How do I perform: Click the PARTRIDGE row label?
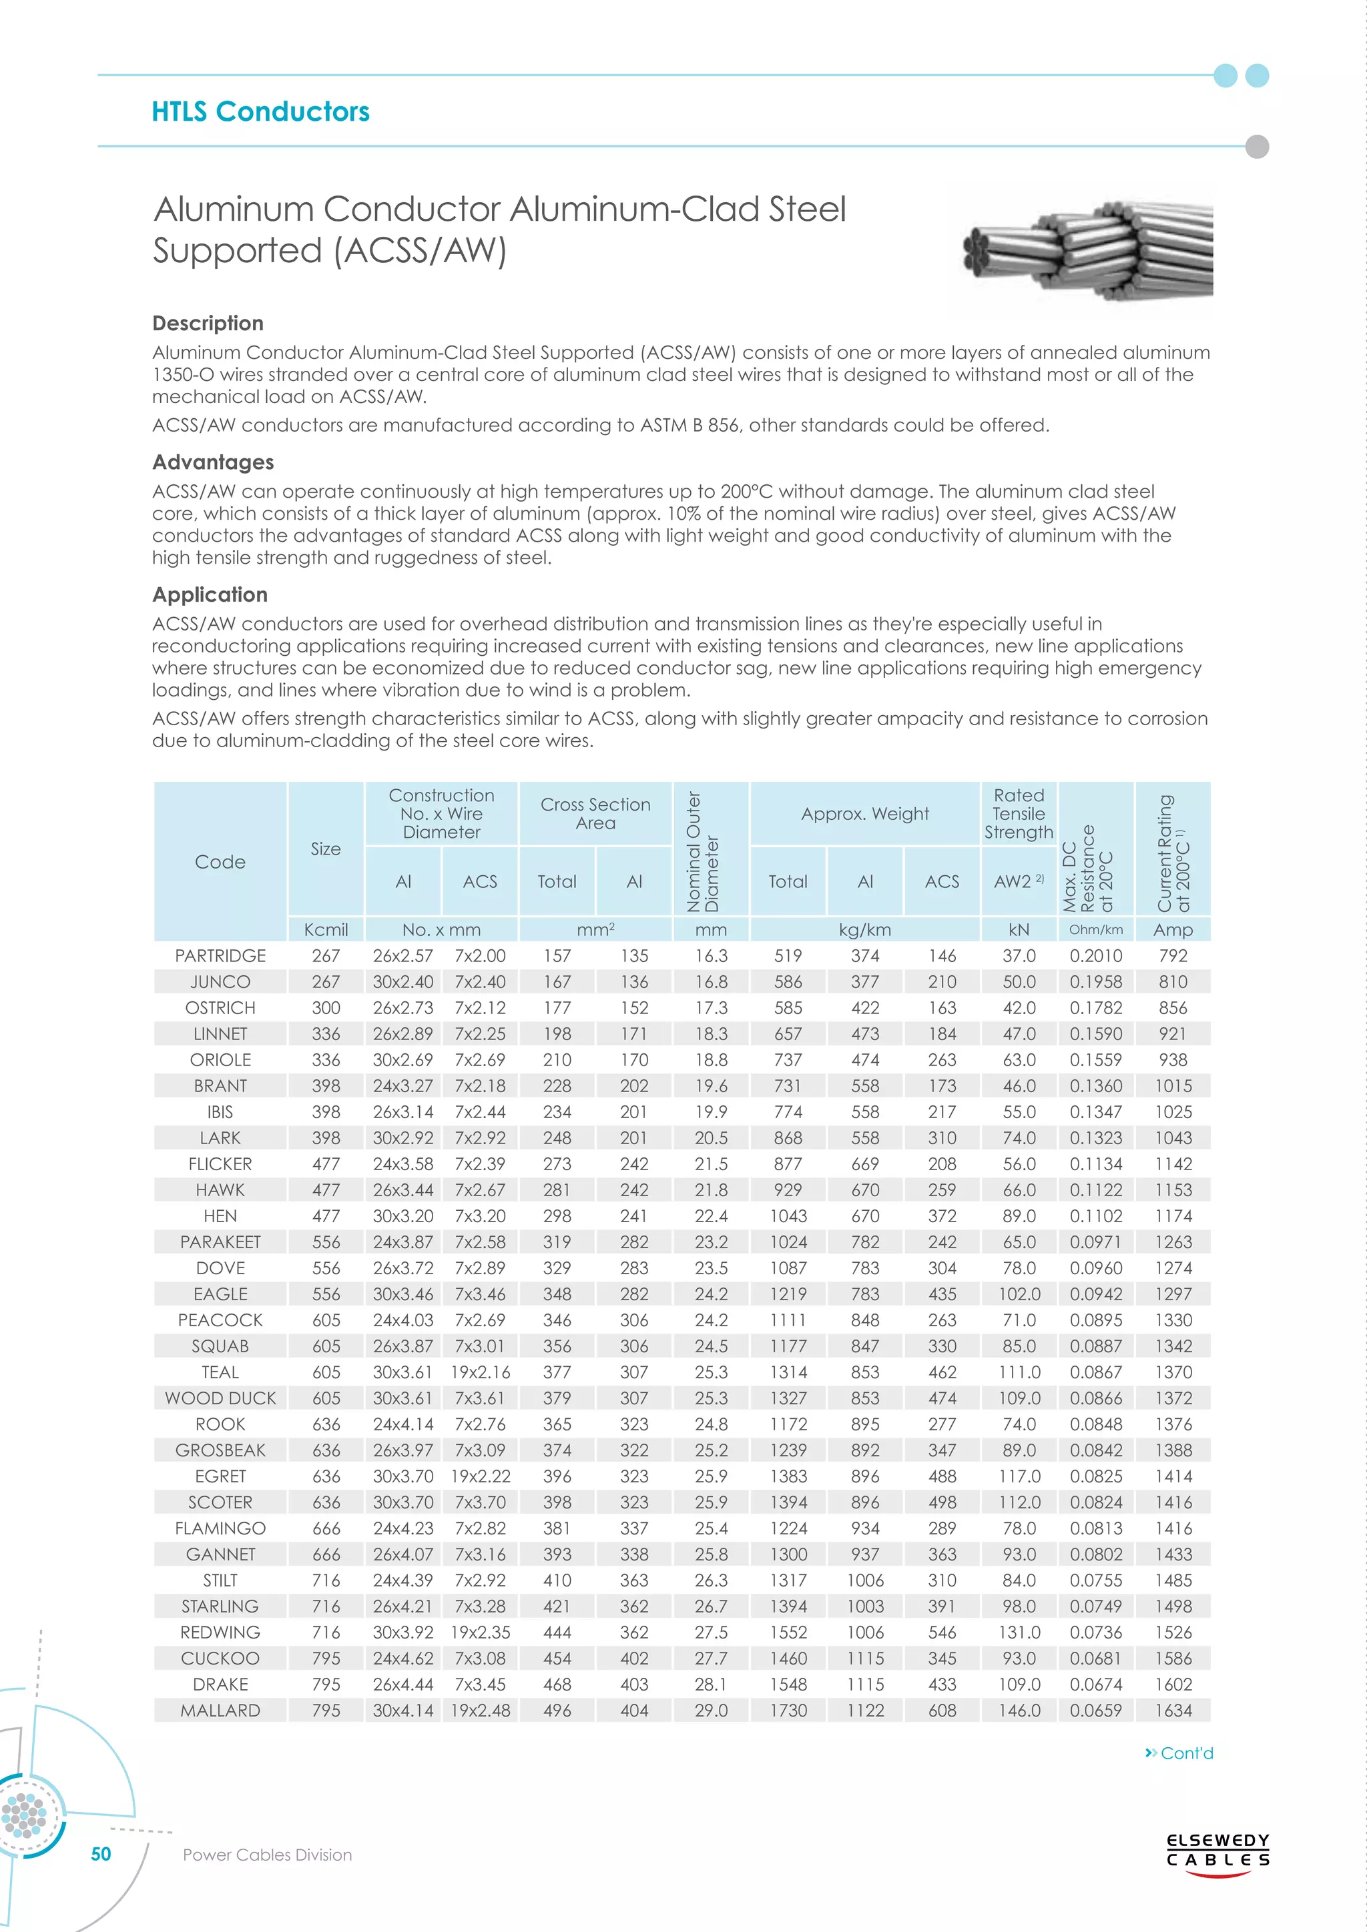point(220,956)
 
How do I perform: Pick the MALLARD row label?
point(220,1711)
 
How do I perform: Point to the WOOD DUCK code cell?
point(220,1398)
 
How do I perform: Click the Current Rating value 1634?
point(1173,1711)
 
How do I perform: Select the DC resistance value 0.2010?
point(1095,956)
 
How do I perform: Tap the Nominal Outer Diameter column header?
point(702,851)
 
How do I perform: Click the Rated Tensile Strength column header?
point(1019,814)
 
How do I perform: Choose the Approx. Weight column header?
point(864,814)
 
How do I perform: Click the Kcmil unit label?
point(326,930)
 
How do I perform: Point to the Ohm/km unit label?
point(1095,930)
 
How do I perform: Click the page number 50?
point(101,1855)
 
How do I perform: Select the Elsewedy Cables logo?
point(1217,1851)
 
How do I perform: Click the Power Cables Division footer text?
point(267,1855)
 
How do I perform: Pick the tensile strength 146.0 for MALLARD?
point(1019,1711)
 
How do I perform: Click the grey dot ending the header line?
point(1256,146)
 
